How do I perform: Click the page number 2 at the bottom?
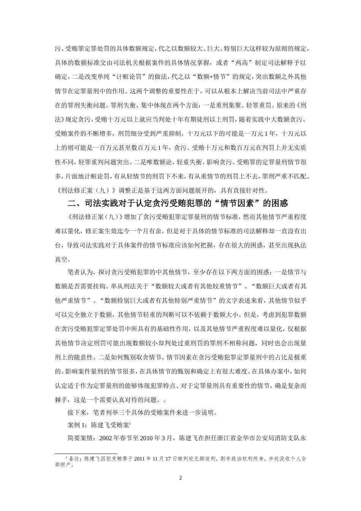180,478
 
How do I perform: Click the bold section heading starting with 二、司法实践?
180,203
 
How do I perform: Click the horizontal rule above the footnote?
78,453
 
